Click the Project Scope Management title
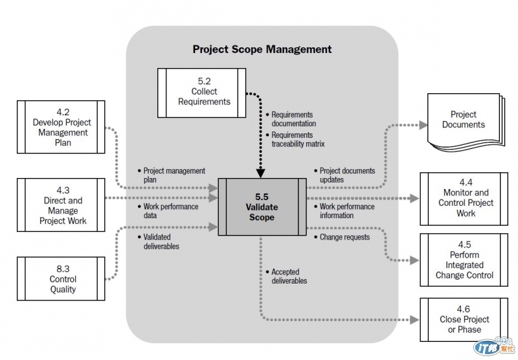click(262, 49)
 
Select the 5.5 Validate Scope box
click(261, 207)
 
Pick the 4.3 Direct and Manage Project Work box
click(62, 205)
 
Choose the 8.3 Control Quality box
click(62, 279)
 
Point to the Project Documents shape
click(463, 120)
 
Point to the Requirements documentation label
click(293, 119)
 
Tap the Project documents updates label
click(347, 175)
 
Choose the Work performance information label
click(346, 211)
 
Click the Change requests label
click(344, 238)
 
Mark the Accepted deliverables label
click(289, 276)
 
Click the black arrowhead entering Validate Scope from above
click(261, 174)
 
